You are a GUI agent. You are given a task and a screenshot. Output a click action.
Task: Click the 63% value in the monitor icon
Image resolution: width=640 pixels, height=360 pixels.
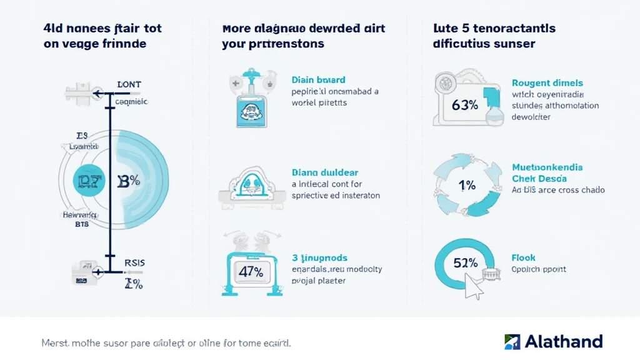pos(464,105)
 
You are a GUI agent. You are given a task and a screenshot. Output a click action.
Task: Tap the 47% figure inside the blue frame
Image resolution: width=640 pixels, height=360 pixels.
pos(251,272)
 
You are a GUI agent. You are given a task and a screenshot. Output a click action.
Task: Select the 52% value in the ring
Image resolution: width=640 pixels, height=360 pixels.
pos(465,262)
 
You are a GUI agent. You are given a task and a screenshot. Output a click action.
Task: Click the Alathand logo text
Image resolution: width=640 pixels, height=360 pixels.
pos(563,341)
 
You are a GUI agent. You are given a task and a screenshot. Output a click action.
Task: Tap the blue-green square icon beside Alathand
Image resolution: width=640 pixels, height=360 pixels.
pos(512,341)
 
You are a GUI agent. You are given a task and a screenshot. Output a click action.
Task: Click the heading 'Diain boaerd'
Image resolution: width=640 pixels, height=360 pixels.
pos(319,80)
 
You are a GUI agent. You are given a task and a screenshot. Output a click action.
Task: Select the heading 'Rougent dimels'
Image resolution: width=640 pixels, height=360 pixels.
pos(547,82)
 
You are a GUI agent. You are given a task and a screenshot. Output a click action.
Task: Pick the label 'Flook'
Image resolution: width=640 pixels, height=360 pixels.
pos(523,257)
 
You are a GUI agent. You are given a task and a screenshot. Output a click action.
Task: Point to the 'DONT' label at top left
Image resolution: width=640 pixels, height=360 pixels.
pos(129,84)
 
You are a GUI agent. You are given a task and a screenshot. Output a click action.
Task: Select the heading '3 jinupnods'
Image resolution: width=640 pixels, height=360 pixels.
pos(319,257)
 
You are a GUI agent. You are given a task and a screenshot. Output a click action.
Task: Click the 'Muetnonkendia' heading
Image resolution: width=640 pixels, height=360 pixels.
pos(547,167)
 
